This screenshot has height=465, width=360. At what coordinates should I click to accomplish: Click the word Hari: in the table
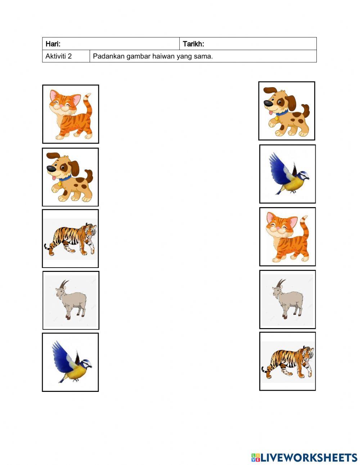53,44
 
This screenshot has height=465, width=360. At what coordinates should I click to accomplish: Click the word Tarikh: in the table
193,44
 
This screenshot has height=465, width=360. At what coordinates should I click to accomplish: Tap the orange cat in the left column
70,114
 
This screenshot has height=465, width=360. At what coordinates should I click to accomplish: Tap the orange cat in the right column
287,237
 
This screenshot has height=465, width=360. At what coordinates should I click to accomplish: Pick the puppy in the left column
70,177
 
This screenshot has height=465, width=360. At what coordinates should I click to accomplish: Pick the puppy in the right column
287,111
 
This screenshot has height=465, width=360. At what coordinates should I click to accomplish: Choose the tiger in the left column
71,238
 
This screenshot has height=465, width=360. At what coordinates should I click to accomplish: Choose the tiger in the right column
288,361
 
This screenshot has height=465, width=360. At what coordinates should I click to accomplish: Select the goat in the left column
71,300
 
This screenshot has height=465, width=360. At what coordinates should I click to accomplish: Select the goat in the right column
288,299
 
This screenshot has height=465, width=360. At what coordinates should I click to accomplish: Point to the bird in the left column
71,363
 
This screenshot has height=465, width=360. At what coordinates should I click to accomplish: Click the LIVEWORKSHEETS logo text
309,457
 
